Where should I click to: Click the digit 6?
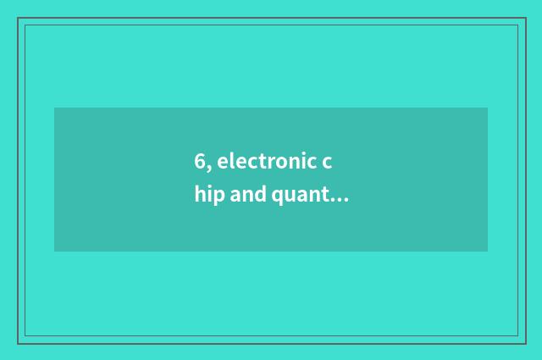pyautogui.click(x=199, y=161)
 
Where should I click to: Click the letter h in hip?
pyautogui.click(x=198, y=196)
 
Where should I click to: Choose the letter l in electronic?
pyautogui.click(x=230, y=160)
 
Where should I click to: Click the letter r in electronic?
pyautogui.click(x=270, y=163)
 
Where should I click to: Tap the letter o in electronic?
pyautogui.click(x=280, y=163)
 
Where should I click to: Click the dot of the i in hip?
pyautogui.click(x=207, y=189)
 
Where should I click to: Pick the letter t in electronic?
pyautogui.click(x=262, y=161)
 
